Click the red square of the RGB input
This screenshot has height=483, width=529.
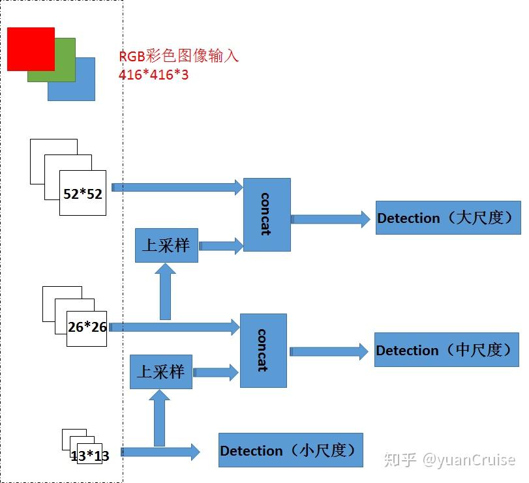pyautogui.click(x=31, y=49)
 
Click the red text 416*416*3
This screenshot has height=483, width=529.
pyautogui.click(x=153, y=75)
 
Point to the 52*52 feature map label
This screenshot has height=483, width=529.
pyautogui.click(x=83, y=194)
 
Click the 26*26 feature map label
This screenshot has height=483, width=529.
pyautogui.click(x=87, y=327)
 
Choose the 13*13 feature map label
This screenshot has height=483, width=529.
pyautogui.click(x=89, y=456)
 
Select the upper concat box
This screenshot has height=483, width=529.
pyautogui.click(x=267, y=215)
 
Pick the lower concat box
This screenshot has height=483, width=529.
pyautogui.click(x=264, y=351)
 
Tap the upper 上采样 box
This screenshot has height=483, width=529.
pyautogui.click(x=166, y=245)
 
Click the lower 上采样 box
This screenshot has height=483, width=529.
pyautogui.click(x=161, y=372)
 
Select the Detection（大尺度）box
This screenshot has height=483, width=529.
pyautogui.click(x=448, y=218)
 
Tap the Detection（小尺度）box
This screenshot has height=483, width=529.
pyautogui.click(x=290, y=450)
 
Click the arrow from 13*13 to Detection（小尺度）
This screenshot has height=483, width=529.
pyautogui.click(x=160, y=451)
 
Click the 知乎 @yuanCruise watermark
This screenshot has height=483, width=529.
pyautogui.click(x=449, y=460)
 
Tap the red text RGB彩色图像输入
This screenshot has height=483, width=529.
pyautogui.click(x=179, y=56)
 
